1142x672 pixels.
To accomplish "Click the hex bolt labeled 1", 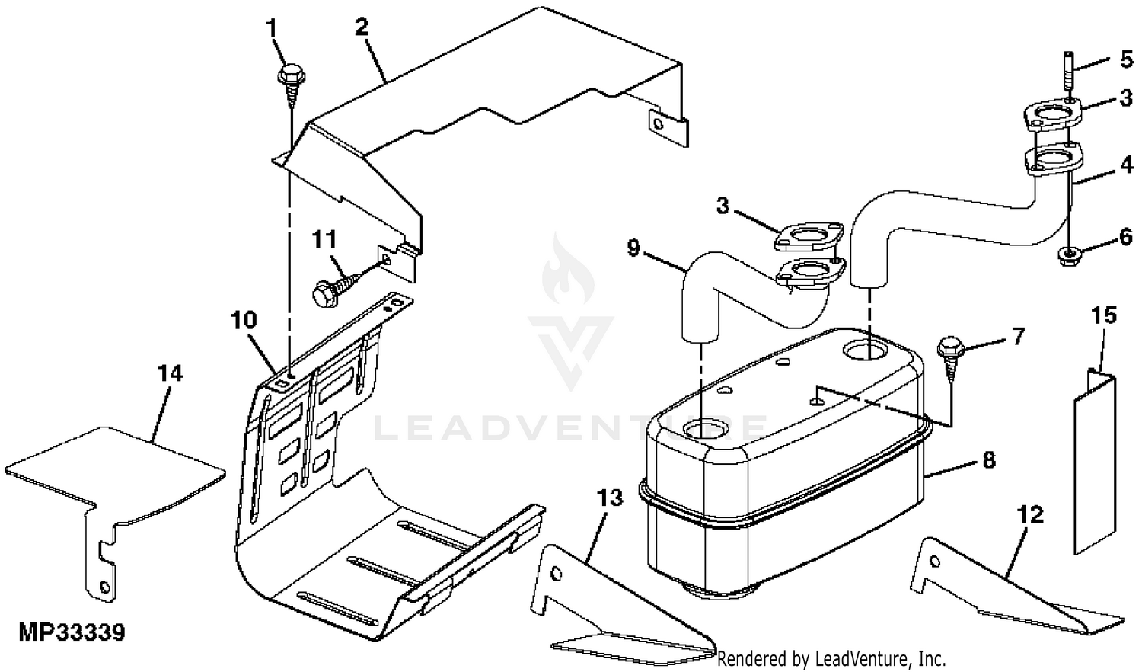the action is [292, 85].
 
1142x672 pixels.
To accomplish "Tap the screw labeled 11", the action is [334, 290].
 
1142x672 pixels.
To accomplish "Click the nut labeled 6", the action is [1067, 256].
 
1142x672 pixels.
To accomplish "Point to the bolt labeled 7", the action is [950, 358].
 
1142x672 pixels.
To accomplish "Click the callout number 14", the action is [170, 373].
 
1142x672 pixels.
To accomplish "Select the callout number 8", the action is [988, 460].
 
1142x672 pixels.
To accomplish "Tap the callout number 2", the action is [362, 27].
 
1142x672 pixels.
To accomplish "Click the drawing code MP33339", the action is [72, 632].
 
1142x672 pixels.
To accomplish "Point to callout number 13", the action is [610, 498].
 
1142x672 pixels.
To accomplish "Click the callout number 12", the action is [1031, 515].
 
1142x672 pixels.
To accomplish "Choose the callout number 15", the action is [1104, 315].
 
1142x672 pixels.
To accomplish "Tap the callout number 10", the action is [243, 320].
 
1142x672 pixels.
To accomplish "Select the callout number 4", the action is [1125, 165].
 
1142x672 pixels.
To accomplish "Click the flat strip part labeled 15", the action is [1095, 461].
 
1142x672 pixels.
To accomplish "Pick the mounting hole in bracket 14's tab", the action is [105, 587].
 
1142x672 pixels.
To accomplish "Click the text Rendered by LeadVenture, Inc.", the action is [831, 659].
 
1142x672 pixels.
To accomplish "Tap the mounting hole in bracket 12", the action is [934, 562].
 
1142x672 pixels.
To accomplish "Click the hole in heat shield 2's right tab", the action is [659, 124].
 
